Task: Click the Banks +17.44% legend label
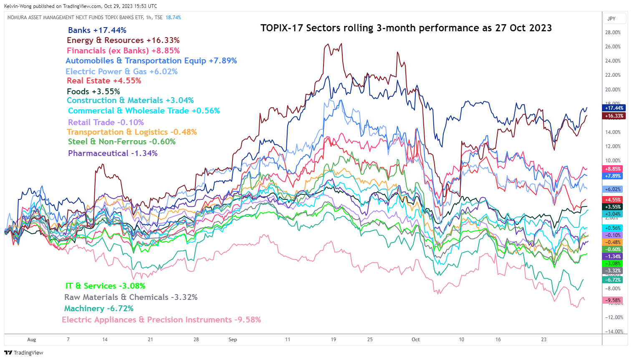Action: [97, 30]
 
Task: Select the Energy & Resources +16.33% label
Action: [123, 40]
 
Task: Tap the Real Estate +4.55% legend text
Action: [104, 81]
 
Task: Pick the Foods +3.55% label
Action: [93, 91]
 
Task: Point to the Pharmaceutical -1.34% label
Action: [113, 153]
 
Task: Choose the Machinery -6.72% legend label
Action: [99, 308]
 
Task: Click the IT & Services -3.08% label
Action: [105, 286]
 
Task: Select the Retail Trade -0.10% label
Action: [106, 122]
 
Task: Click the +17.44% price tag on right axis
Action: [614, 108]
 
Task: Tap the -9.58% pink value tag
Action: [613, 300]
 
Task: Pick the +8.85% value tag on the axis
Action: [613, 169]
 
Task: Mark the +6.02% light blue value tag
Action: [613, 189]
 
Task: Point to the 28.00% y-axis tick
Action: [613, 33]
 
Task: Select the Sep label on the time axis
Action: [233, 340]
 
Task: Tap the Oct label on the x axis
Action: [415, 340]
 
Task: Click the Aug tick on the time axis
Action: [31, 340]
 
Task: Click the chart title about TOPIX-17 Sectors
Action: [406, 28]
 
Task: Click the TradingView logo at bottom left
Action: [24, 352]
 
